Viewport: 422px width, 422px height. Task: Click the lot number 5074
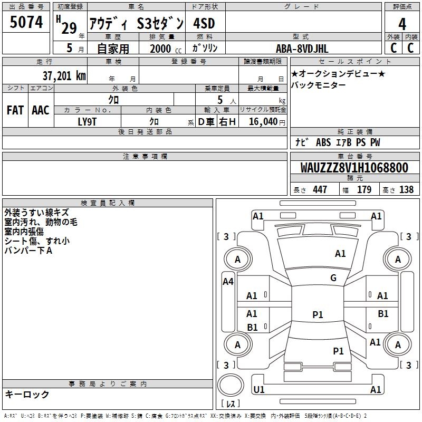[x=26, y=23]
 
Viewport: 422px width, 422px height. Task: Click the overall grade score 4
[x=402, y=24]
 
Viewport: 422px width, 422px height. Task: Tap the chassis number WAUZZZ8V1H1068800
[x=354, y=168]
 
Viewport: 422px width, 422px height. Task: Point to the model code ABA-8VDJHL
[x=302, y=48]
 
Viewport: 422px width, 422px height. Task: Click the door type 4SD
[x=204, y=24]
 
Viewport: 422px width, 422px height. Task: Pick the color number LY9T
[x=88, y=121]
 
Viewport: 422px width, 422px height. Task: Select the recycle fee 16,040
[x=262, y=121]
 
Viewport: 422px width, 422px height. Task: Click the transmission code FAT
[x=15, y=110]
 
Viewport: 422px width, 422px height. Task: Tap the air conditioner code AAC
[x=41, y=110]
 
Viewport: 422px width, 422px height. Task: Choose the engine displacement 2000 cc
[x=161, y=49]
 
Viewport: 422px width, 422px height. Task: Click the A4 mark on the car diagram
[x=228, y=282]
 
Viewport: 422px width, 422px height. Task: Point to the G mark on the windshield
[x=333, y=278]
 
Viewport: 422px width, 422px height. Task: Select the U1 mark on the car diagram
[x=258, y=390]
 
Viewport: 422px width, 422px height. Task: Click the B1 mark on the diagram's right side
[x=383, y=314]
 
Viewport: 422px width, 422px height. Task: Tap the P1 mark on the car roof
[x=318, y=315]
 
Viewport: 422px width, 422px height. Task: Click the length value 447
[x=320, y=190]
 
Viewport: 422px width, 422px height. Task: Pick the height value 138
[x=406, y=190]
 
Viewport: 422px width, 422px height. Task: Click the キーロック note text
[x=27, y=395]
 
